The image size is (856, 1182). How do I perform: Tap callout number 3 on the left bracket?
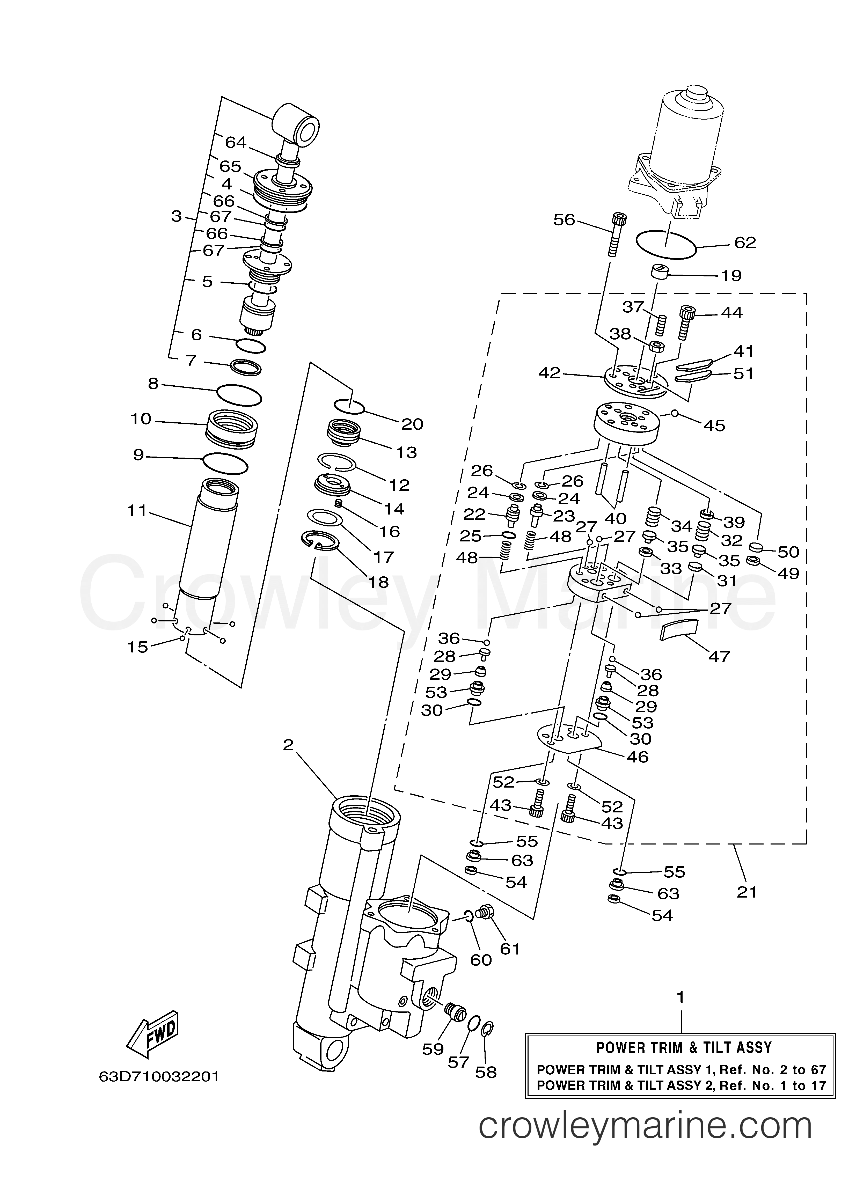coord(177,216)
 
